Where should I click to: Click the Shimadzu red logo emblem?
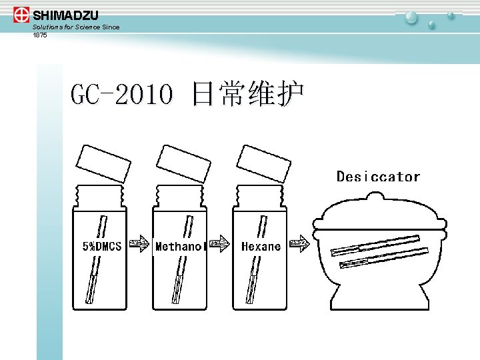tap(21, 15)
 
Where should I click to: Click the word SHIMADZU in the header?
tap(65, 15)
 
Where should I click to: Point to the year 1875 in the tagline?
tap(40, 35)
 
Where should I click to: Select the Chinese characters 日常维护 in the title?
tap(247, 95)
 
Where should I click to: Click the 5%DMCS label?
tap(101, 246)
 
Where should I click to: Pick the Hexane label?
tap(261, 247)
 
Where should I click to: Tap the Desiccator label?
tap(378, 177)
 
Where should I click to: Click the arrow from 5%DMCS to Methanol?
tap(138, 244)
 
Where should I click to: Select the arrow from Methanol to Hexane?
tap(219, 244)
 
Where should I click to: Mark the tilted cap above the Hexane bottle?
tap(263, 163)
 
